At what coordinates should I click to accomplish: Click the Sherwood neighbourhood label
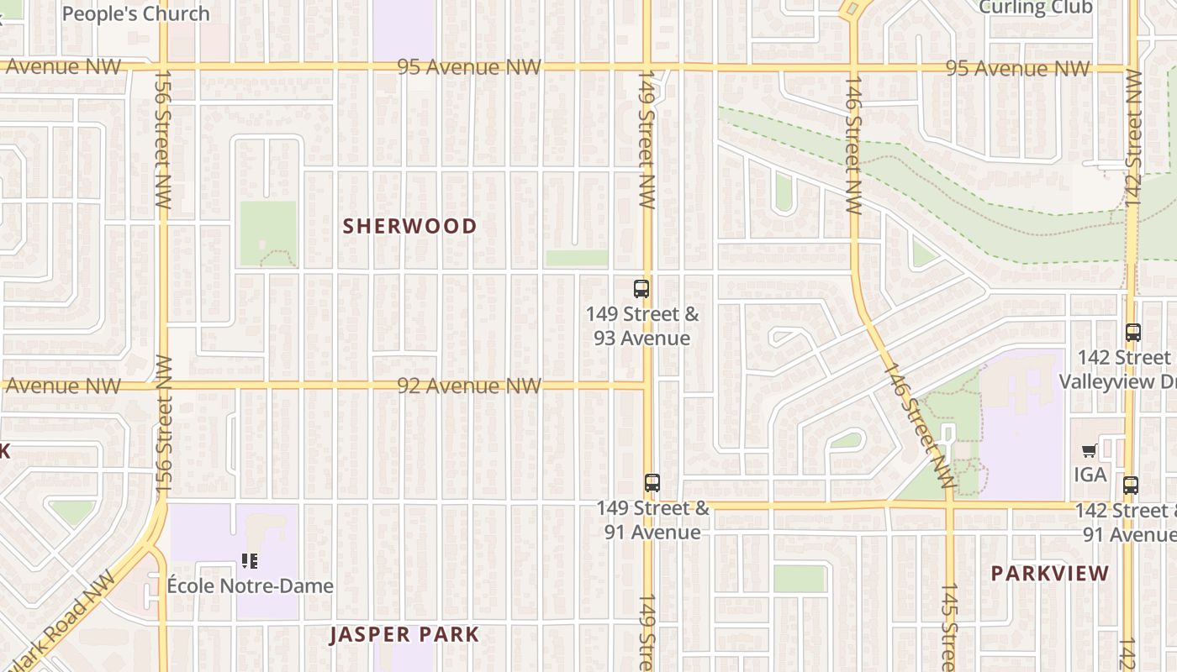click(409, 226)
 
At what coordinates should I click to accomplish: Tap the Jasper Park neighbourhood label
click(404, 634)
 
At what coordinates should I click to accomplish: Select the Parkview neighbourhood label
click(1050, 574)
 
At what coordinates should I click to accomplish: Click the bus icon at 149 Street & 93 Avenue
click(641, 289)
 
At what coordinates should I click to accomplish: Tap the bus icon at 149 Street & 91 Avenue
click(652, 483)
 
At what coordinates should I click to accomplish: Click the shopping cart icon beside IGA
click(1090, 451)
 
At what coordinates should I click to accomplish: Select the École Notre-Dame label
click(250, 585)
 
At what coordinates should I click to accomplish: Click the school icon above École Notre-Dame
click(249, 560)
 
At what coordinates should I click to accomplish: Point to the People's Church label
click(136, 13)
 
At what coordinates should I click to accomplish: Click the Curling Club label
click(1036, 8)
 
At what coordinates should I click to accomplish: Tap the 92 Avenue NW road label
click(468, 386)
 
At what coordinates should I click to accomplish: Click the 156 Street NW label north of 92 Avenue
click(162, 139)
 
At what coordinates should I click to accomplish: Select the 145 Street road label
click(948, 626)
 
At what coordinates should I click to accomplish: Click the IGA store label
click(1090, 475)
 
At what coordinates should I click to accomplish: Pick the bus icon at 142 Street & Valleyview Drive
click(1132, 333)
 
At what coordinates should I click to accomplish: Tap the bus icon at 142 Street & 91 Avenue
click(1131, 485)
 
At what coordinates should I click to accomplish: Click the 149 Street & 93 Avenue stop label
click(642, 326)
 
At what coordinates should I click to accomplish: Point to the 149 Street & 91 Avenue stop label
click(653, 520)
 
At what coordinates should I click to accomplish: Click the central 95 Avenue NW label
click(468, 66)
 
